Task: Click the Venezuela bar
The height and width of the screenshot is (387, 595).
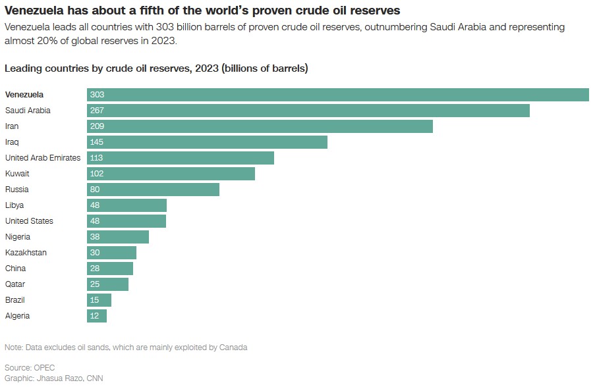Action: tap(337, 95)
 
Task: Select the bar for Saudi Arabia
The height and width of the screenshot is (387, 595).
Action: tap(308, 111)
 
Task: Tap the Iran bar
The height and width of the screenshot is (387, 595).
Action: tap(260, 126)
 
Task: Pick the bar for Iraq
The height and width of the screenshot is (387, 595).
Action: tap(207, 142)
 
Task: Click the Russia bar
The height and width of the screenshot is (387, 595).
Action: tap(153, 190)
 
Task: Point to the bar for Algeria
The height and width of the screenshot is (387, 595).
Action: tap(97, 316)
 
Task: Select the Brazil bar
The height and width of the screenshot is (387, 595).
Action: tap(99, 300)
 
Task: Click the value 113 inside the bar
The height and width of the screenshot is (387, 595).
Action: tap(97, 158)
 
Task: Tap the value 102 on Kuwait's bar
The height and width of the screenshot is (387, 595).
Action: tap(97, 174)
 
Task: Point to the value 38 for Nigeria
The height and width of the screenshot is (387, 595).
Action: tap(95, 237)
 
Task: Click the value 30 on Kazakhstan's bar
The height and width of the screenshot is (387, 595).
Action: tap(95, 253)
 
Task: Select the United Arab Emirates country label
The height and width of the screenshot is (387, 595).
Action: tap(43, 158)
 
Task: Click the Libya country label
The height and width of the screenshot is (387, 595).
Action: tap(14, 205)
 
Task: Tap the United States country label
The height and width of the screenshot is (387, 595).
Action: tap(29, 221)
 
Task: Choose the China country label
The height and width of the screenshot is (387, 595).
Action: tap(15, 269)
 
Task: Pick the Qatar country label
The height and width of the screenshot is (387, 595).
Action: tap(15, 284)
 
